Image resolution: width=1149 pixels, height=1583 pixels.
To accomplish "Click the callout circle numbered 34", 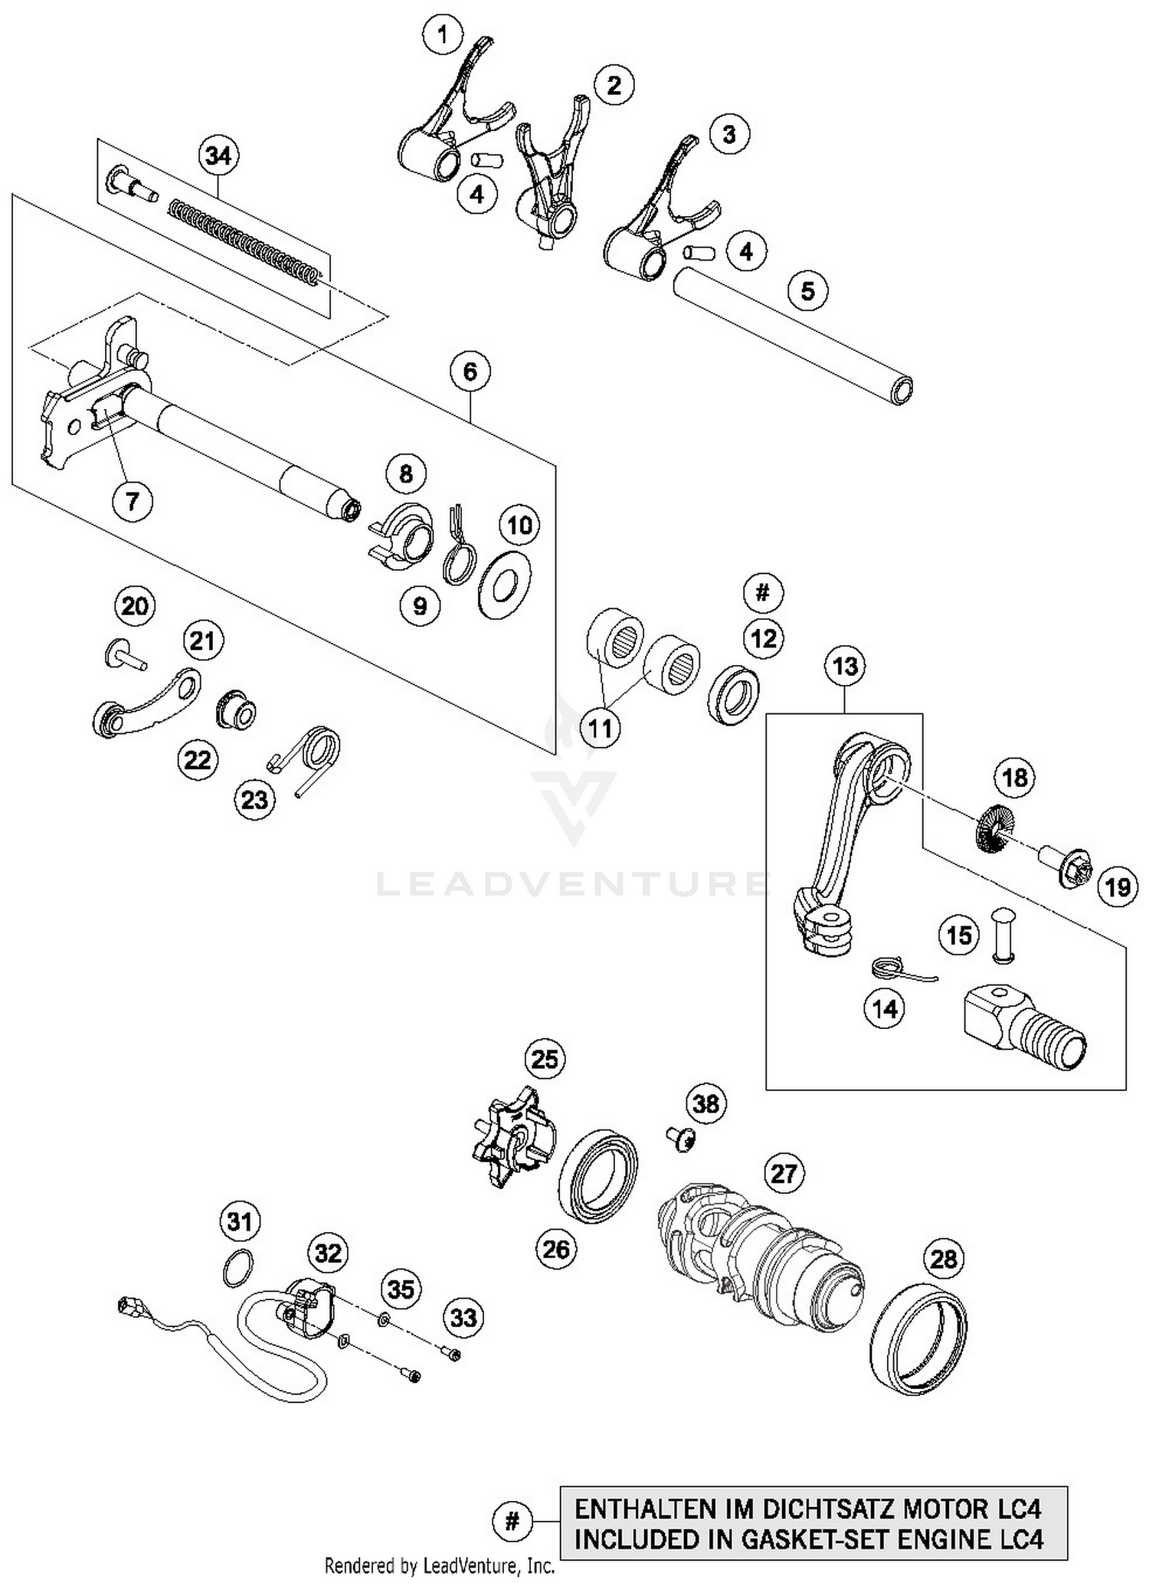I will click(218, 156).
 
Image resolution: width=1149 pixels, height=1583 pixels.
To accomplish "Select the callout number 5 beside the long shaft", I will click(808, 290).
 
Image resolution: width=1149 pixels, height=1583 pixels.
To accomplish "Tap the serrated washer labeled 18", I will click(994, 830).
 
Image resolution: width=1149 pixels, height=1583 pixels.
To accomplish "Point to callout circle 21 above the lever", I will click(203, 640).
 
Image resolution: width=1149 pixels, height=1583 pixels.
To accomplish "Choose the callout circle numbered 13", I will click(845, 666).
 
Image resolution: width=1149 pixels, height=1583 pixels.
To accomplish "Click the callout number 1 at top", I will click(442, 34).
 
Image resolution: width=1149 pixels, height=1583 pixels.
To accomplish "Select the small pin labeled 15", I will click(1001, 934).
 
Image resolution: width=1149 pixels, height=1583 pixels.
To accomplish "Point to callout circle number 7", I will click(133, 502).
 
